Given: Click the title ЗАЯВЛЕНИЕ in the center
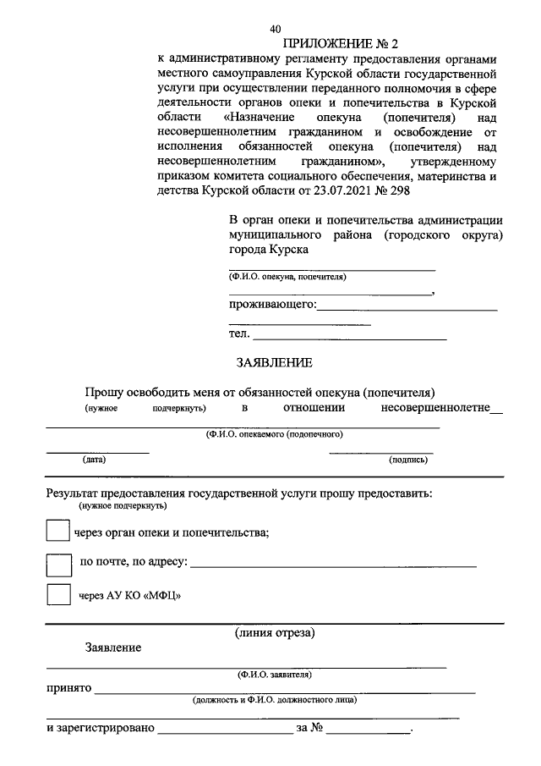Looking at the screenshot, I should pyautogui.click(x=273, y=362).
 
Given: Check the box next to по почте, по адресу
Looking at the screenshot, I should pyautogui.click(x=58, y=565).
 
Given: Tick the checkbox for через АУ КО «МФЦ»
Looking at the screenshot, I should pyautogui.click(x=58, y=595).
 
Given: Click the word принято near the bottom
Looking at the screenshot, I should pyautogui.click(x=68, y=689).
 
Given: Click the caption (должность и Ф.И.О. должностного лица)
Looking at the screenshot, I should pyautogui.click(x=275, y=700).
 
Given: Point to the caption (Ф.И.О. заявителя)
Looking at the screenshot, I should pyautogui.click(x=275, y=675).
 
